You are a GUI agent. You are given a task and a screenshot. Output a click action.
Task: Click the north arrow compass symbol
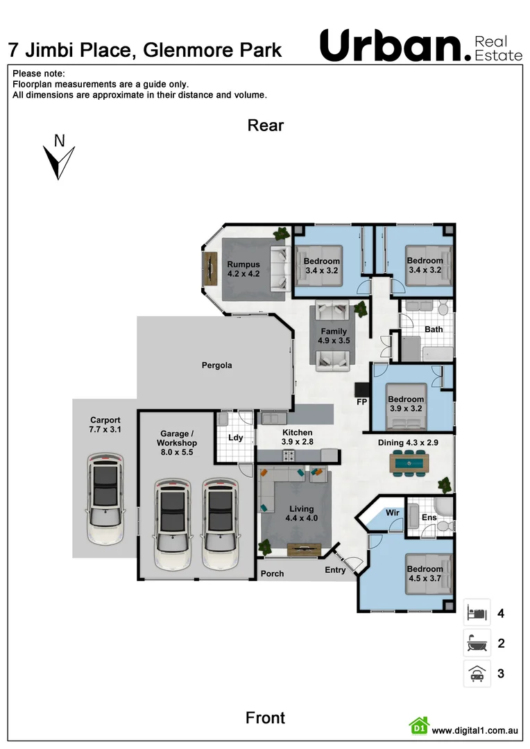58,158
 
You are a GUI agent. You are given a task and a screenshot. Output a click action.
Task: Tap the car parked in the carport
105,498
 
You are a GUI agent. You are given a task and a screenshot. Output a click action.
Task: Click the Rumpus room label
243,269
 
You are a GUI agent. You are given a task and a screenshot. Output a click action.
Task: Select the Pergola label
216,365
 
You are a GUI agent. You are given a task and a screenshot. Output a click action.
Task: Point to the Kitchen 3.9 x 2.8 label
296,437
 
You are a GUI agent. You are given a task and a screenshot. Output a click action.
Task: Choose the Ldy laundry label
235,438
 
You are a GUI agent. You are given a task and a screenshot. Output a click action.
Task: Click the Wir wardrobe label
393,513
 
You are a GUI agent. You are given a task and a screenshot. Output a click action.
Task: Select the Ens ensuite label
429,517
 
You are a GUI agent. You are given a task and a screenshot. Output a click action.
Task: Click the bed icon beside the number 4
477,613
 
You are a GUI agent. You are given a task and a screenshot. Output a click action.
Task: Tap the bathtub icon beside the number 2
477,644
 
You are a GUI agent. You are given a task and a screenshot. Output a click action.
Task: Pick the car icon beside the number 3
477,673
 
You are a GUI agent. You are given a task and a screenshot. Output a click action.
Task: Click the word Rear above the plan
266,126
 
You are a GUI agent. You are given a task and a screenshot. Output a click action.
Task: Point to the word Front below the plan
265,718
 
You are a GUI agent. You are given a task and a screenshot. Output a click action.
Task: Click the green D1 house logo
418,726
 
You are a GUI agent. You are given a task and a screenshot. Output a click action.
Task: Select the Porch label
272,574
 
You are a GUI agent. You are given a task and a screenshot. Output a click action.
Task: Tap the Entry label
336,570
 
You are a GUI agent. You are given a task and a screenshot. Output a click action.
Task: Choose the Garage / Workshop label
176,442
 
